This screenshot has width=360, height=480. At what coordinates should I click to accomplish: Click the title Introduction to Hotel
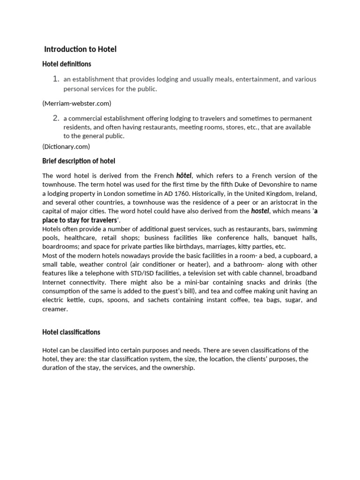point(80,49)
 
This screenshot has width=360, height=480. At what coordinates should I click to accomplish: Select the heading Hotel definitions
point(67,64)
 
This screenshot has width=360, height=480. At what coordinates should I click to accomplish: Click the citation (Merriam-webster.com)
point(77,103)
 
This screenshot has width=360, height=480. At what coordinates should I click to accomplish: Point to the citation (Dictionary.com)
point(66,146)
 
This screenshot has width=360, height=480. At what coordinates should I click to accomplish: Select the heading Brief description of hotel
point(79,161)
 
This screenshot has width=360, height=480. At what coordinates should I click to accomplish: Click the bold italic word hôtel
point(184,175)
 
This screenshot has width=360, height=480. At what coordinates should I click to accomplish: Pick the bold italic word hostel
point(260,211)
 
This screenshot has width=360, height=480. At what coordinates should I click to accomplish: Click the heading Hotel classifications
point(71,332)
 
